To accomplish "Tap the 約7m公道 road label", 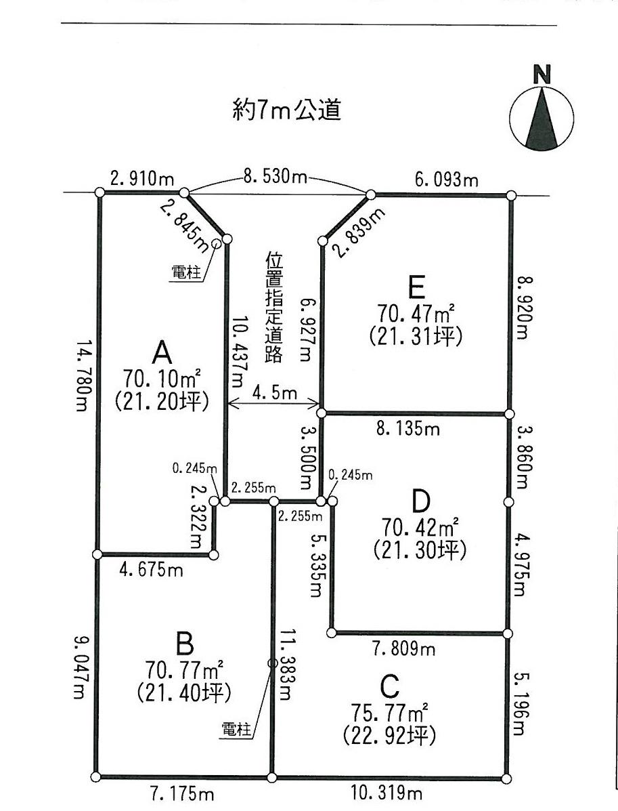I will [x=285, y=110].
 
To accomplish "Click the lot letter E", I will [x=416, y=289].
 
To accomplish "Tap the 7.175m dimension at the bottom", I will [x=178, y=793].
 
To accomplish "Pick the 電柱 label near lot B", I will [x=237, y=730].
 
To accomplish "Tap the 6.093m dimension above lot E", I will [x=445, y=180].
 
